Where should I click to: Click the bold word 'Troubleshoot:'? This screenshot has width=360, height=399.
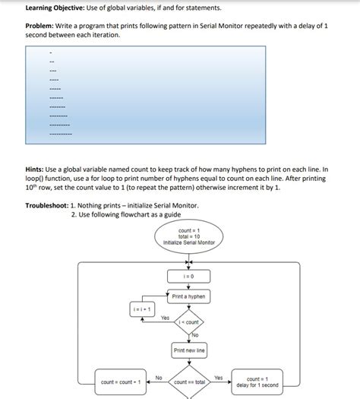tap(46, 205)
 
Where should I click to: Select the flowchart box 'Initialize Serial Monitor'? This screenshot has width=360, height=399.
tap(188, 236)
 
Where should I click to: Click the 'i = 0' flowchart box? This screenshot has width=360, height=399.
tap(188, 277)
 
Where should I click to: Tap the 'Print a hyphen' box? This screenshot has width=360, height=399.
tap(188, 296)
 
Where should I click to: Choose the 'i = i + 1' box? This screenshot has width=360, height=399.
tap(142, 309)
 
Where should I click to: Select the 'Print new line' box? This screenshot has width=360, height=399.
tap(188, 350)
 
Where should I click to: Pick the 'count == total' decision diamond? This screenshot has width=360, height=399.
tap(189, 382)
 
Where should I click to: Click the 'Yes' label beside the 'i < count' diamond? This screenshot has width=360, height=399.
tap(165, 318)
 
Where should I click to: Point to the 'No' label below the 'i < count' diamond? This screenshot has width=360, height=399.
tap(194, 335)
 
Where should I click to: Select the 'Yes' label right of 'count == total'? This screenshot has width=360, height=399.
tap(219, 377)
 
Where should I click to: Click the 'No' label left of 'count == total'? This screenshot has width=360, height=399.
tap(158, 377)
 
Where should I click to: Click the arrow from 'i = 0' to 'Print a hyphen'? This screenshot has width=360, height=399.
tap(188, 287)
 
